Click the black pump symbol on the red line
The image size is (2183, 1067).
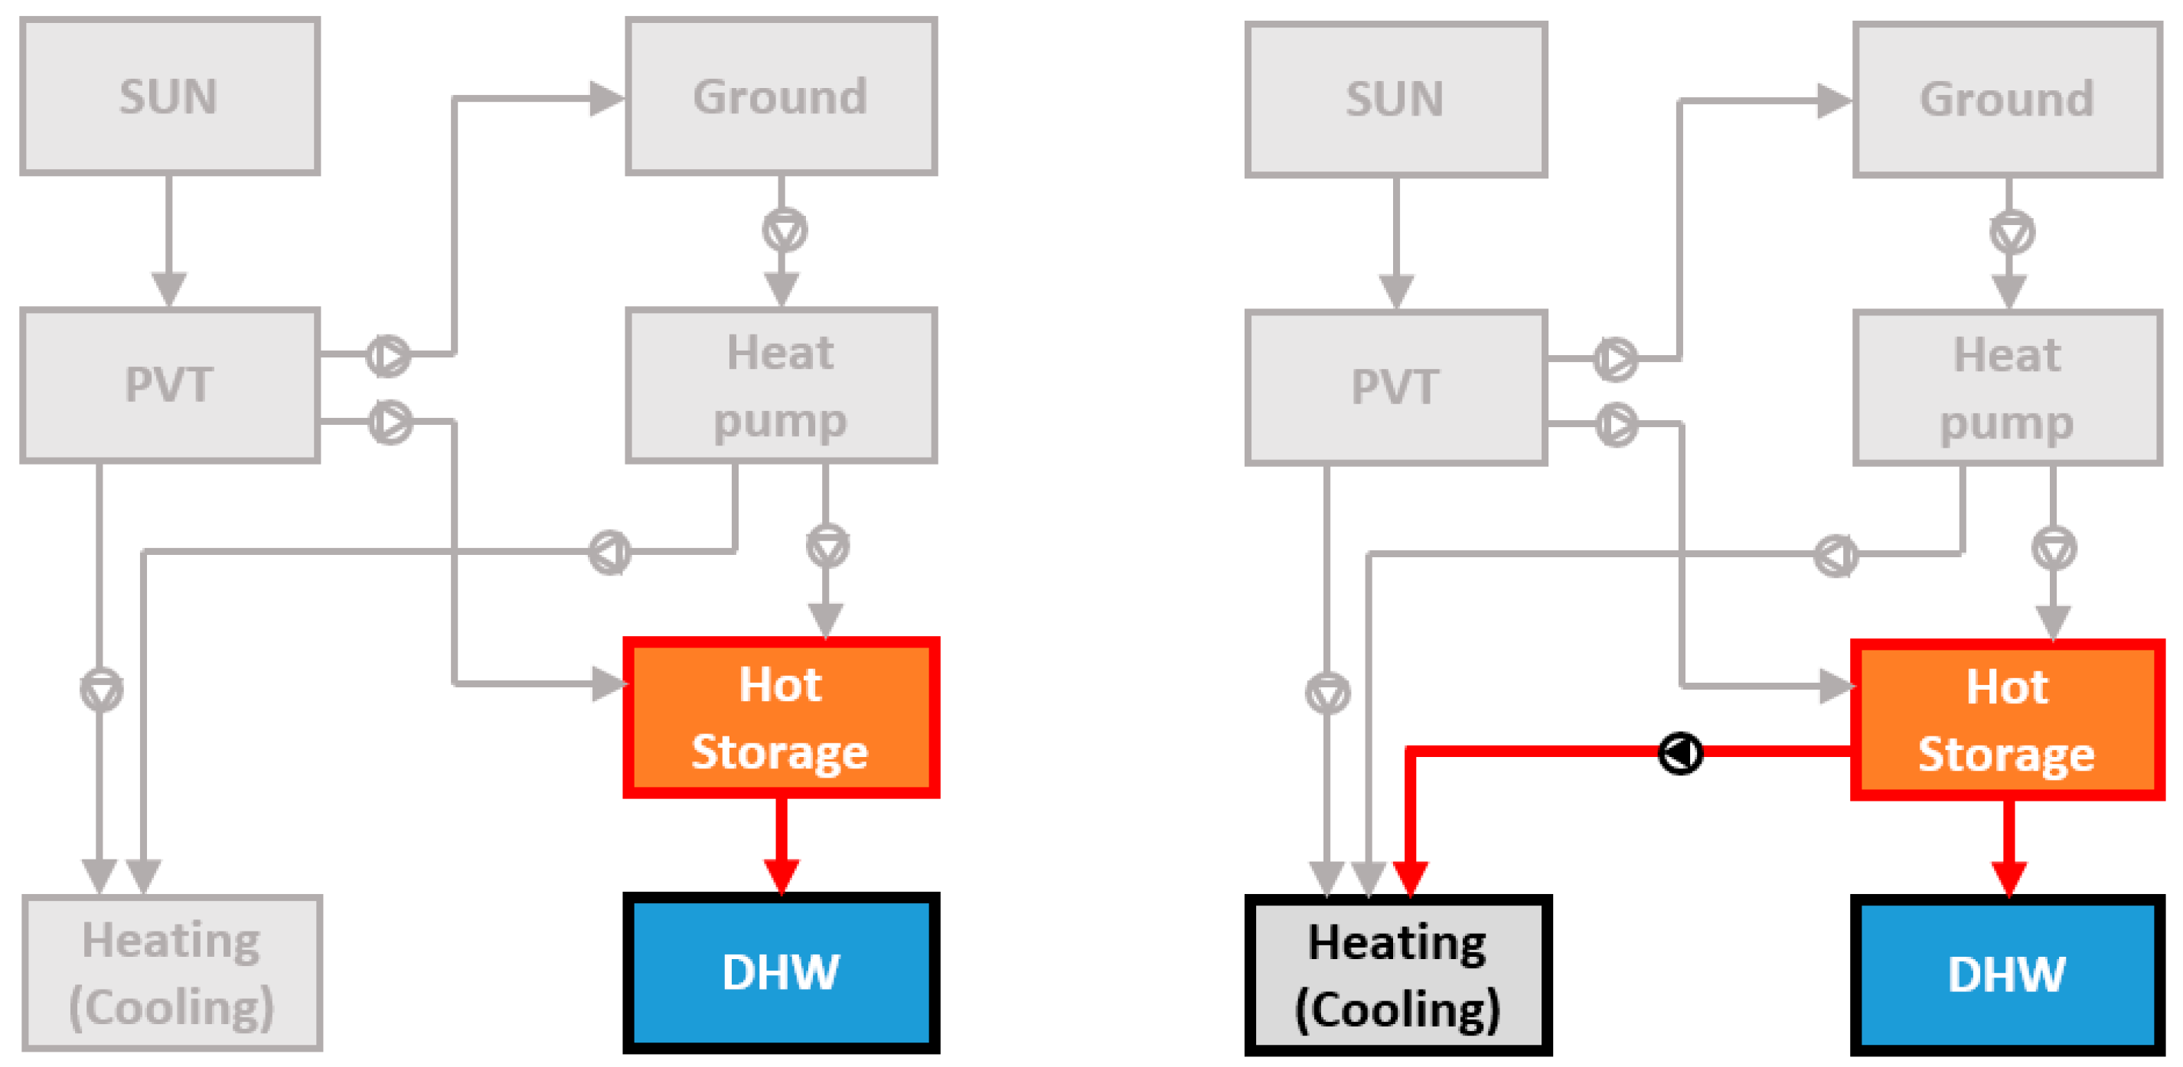click(1679, 752)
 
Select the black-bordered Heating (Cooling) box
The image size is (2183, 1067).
click(1398, 975)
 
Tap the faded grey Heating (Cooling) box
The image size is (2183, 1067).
click(172, 973)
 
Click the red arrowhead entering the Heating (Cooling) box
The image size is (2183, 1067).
click(1410, 876)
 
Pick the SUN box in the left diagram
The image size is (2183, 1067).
click(169, 96)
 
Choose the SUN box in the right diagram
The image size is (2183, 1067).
click(1395, 100)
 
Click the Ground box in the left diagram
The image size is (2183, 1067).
click(781, 96)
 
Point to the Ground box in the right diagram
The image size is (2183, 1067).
click(2007, 100)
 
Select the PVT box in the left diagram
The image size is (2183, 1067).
click(169, 385)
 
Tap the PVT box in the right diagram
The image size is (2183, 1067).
click(1395, 387)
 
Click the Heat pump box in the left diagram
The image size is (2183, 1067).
click(781, 386)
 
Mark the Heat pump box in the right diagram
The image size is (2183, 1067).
click(2007, 388)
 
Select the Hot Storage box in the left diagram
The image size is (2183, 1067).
click(781, 718)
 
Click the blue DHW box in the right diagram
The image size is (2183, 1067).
click(2007, 974)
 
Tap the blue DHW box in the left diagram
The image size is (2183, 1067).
click(781, 972)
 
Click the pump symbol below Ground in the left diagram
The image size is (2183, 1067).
click(784, 230)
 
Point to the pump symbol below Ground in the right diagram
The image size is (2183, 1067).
click(2012, 232)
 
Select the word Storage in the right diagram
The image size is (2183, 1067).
click(2006, 754)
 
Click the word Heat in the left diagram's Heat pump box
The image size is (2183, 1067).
click(781, 353)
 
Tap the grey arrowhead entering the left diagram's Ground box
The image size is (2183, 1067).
click(605, 98)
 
